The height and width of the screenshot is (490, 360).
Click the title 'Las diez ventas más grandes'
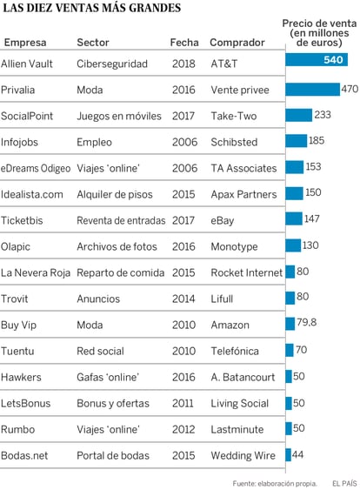92,8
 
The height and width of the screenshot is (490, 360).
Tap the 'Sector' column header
93,42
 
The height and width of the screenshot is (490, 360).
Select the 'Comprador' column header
237,42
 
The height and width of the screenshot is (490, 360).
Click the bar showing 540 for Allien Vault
317,59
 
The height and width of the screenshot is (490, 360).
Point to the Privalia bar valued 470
312,90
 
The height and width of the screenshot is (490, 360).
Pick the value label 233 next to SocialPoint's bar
323,115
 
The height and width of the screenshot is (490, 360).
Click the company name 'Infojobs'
19,142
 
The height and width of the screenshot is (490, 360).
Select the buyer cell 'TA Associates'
243,168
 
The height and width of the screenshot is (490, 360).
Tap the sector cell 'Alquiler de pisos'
115,194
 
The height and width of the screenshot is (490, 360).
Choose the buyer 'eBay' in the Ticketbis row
223,220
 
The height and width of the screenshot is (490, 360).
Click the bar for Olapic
293,245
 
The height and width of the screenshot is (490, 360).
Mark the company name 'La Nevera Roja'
36,272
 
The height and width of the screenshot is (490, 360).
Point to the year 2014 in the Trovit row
183,299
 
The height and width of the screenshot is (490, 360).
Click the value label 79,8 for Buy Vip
306,322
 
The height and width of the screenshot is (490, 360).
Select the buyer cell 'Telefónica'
235,351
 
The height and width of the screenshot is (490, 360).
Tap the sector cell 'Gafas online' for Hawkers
108,377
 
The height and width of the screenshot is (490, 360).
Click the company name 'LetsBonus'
25,403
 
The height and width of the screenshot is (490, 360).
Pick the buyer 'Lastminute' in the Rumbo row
237,429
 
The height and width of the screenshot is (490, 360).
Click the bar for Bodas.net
288,454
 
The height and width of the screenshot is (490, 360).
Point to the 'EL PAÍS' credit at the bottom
344,483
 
